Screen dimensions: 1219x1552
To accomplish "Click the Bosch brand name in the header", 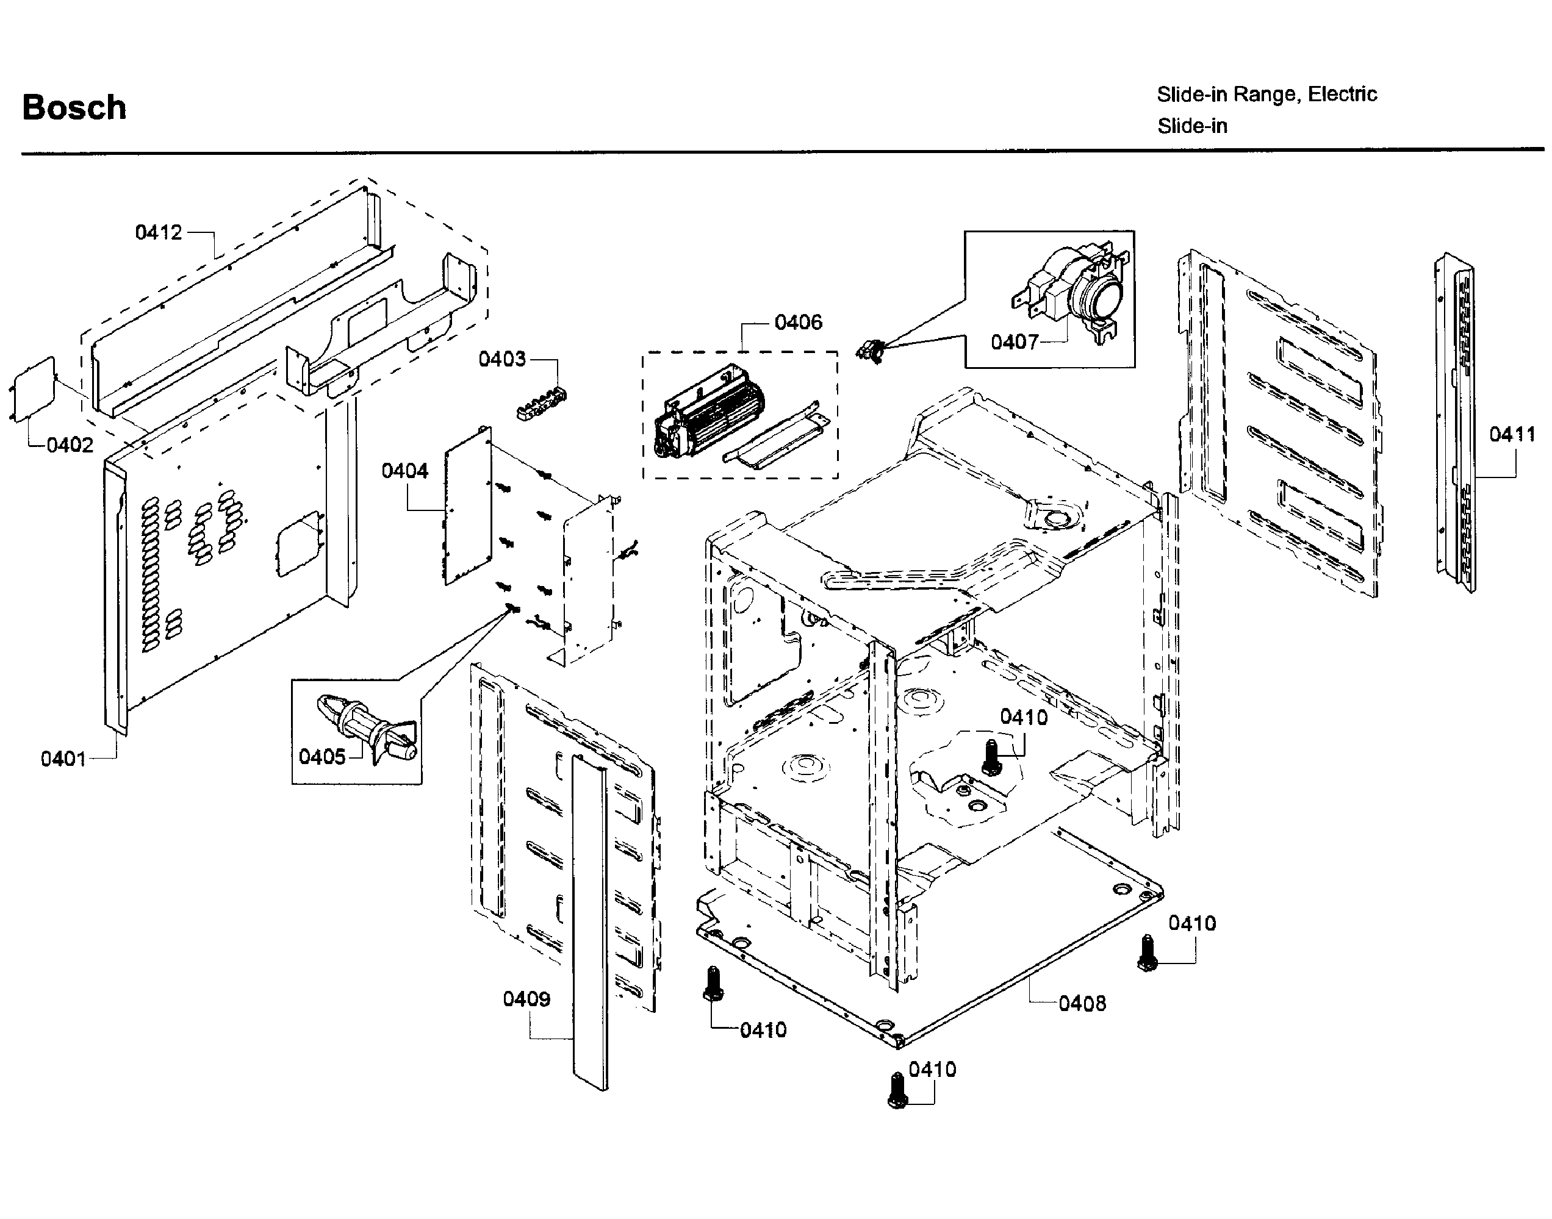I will click(74, 108).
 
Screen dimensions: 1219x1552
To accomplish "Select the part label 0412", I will click(159, 233).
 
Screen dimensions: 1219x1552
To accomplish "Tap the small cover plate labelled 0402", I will click(33, 390).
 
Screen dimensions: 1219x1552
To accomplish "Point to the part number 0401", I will click(63, 759).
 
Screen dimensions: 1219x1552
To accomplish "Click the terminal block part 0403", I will click(541, 403).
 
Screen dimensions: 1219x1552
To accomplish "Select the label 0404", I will click(404, 471).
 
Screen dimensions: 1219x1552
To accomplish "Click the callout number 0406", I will click(798, 323).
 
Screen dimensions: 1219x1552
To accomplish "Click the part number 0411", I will click(1512, 434).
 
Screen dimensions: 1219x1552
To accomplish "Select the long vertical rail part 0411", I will click(1455, 421).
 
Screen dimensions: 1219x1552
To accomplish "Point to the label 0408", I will click(1082, 1004).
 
